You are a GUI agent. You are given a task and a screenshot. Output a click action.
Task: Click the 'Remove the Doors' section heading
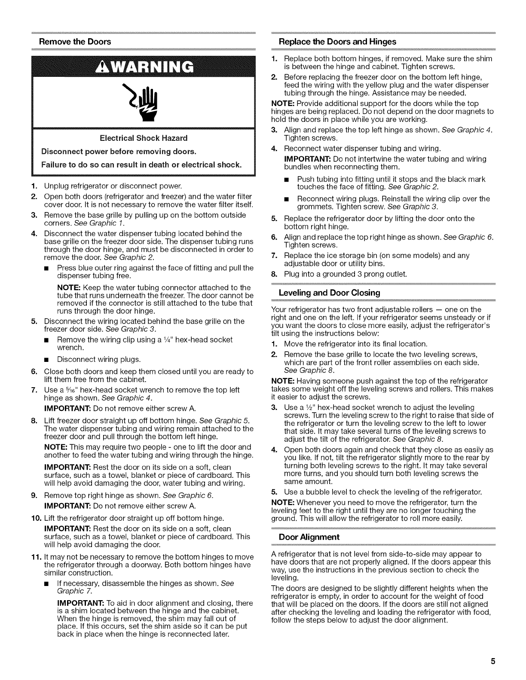75,42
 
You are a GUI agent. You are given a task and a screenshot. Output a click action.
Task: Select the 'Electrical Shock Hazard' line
144,138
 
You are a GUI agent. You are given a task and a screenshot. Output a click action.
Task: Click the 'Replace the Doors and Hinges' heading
337,42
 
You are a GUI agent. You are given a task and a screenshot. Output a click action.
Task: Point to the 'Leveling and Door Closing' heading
330,293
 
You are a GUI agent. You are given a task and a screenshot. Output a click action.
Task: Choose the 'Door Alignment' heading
309,537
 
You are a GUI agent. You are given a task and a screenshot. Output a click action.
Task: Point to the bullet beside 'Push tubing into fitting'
291,179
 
